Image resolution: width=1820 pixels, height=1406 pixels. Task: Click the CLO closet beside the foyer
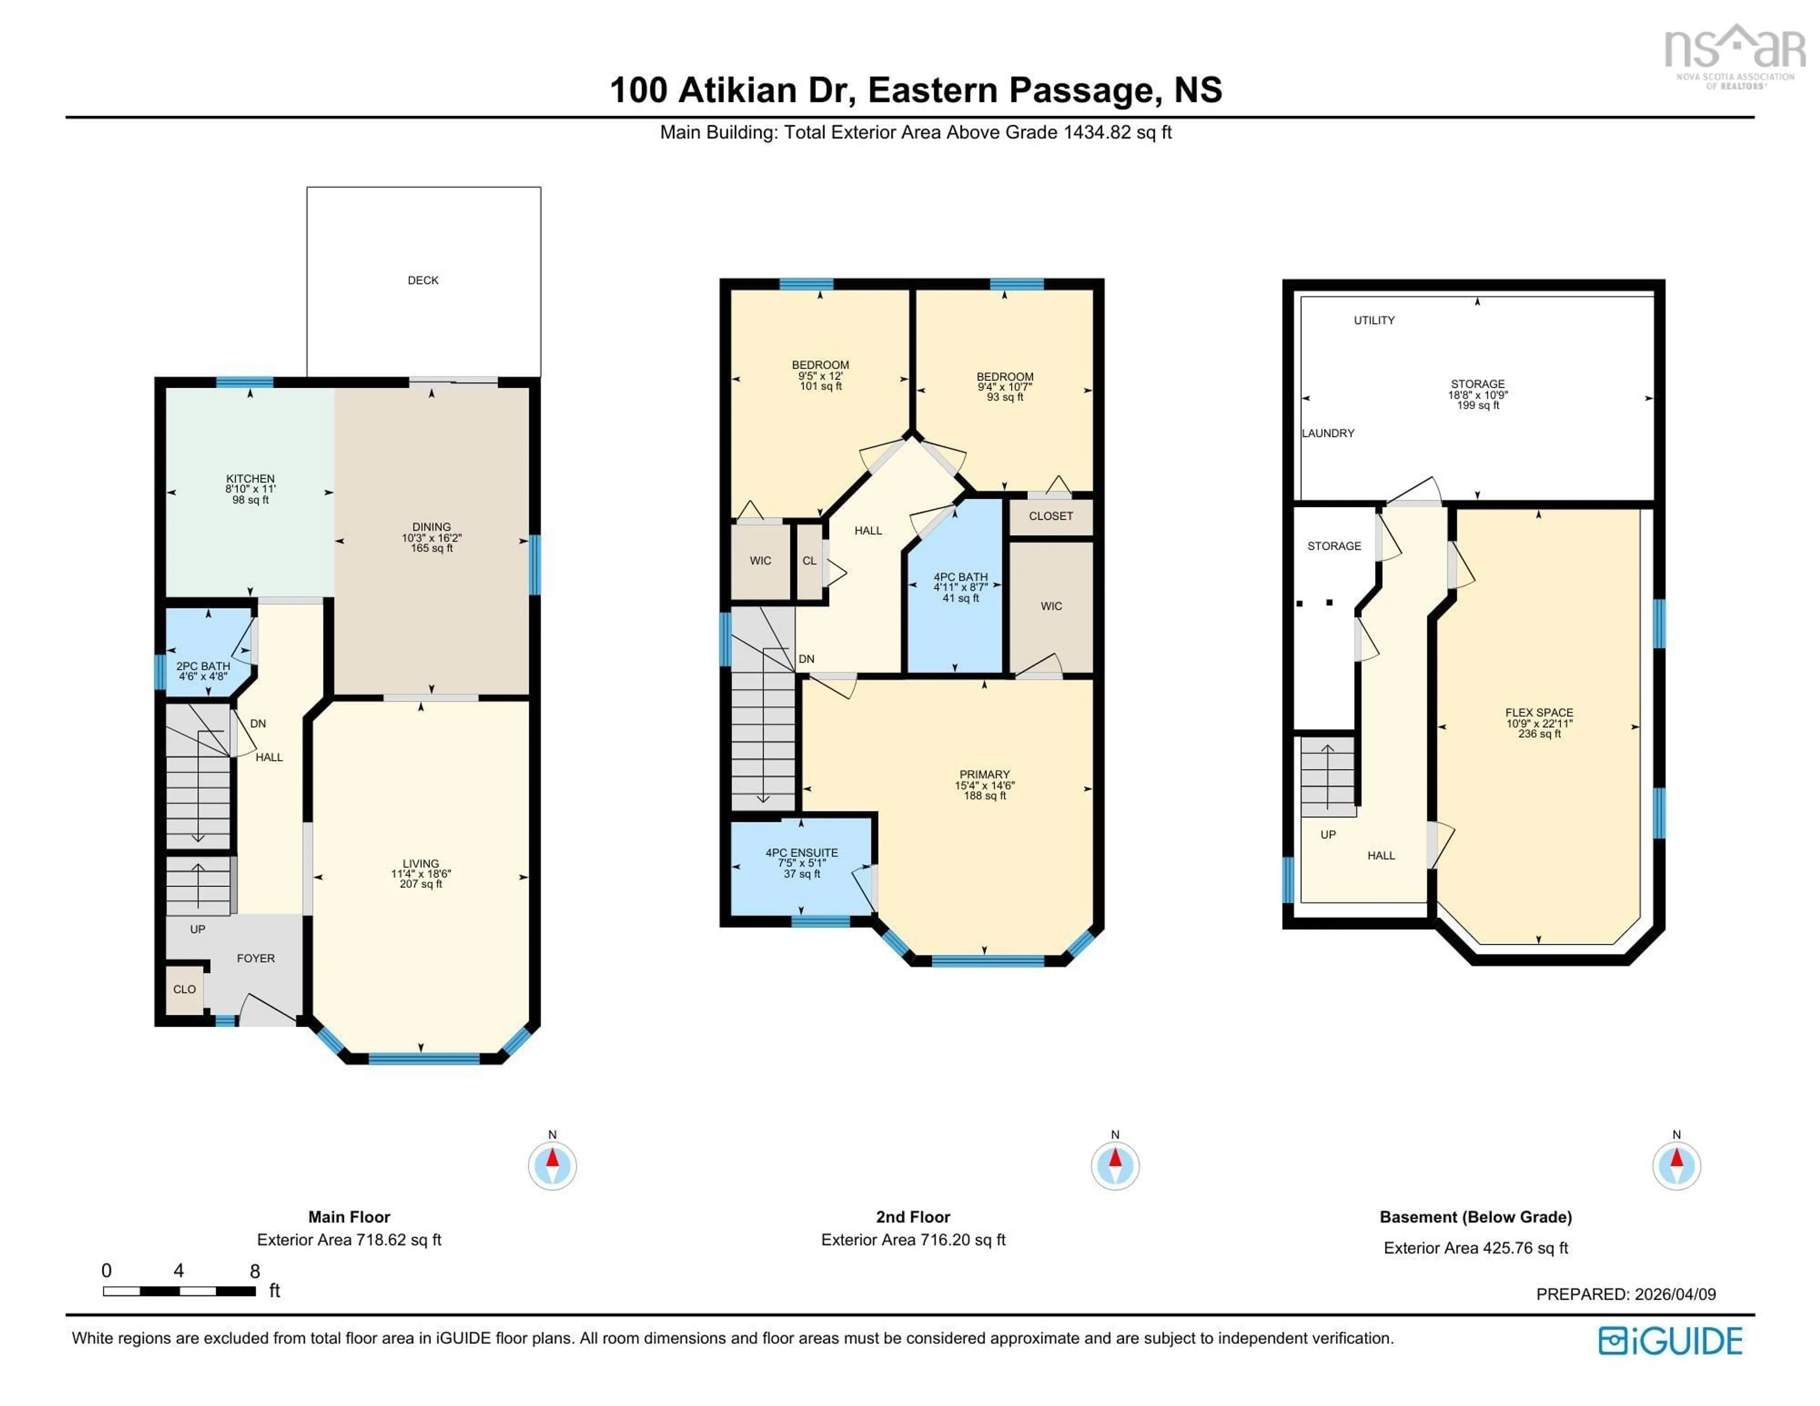[x=184, y=989]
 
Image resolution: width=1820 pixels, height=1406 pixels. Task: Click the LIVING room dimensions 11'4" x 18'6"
[x=421, y=874]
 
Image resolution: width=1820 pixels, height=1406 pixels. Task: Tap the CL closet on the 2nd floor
[x=809, y=561]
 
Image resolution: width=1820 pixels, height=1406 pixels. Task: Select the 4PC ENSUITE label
[x=801, y=853]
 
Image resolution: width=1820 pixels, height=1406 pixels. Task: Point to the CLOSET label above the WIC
[x=1051, y=516]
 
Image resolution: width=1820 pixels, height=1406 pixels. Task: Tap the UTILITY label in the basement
[x=1374, y=320]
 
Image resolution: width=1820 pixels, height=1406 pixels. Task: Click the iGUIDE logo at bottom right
[x=1670, y=1341]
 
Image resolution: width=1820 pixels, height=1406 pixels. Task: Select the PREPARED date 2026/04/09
[x=1675, y=1294]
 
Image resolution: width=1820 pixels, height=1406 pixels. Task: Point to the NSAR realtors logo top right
[x=1733, y=54]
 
